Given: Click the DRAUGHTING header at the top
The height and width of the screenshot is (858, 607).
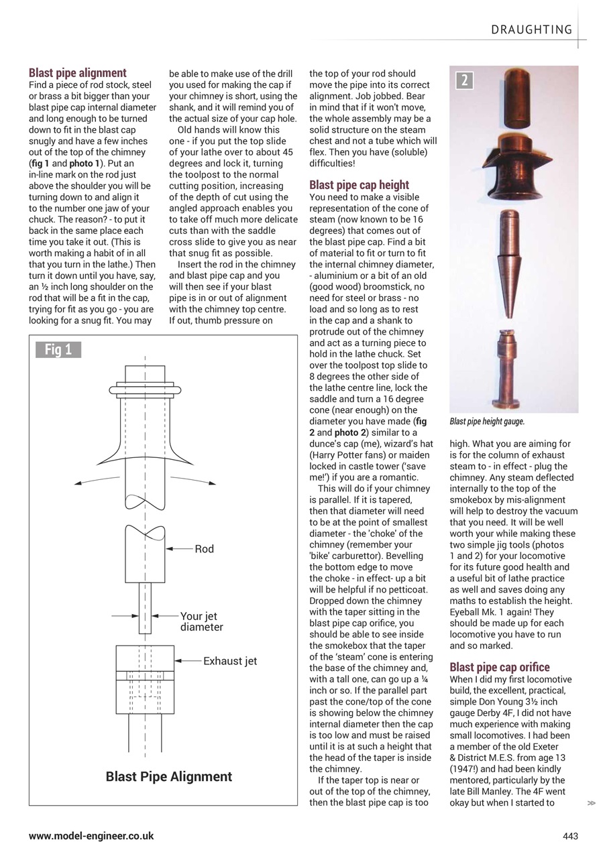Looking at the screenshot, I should [532, 29].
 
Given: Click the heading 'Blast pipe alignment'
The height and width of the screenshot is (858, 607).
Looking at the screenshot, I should [77, 73].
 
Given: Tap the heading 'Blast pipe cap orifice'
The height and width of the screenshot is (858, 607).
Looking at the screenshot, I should [500, 667].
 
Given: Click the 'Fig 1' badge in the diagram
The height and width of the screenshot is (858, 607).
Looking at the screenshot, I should [58, 349].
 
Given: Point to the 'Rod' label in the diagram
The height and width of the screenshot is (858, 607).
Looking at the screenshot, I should [204, 549].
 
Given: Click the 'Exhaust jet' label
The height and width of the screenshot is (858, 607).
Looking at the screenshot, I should [230, 661].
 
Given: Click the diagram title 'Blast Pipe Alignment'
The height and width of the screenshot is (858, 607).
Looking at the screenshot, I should [169, 776].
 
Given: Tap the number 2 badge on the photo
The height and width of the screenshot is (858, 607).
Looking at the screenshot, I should [464, 81].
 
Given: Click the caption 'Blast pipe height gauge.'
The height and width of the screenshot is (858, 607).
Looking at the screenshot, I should [487, 422].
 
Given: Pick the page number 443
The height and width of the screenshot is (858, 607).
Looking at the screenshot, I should [570, 836].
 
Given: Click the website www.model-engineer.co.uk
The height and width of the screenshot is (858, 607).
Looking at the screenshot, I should [91, 836].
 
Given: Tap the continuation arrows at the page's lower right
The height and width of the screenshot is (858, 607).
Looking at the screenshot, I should [591, 802].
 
